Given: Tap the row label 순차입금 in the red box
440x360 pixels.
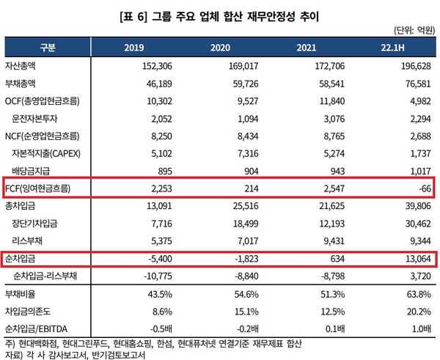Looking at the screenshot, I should point(24,259).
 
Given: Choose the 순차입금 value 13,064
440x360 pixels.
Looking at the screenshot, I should point(414,259).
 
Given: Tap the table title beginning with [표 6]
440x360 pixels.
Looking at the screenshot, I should point(220,12).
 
